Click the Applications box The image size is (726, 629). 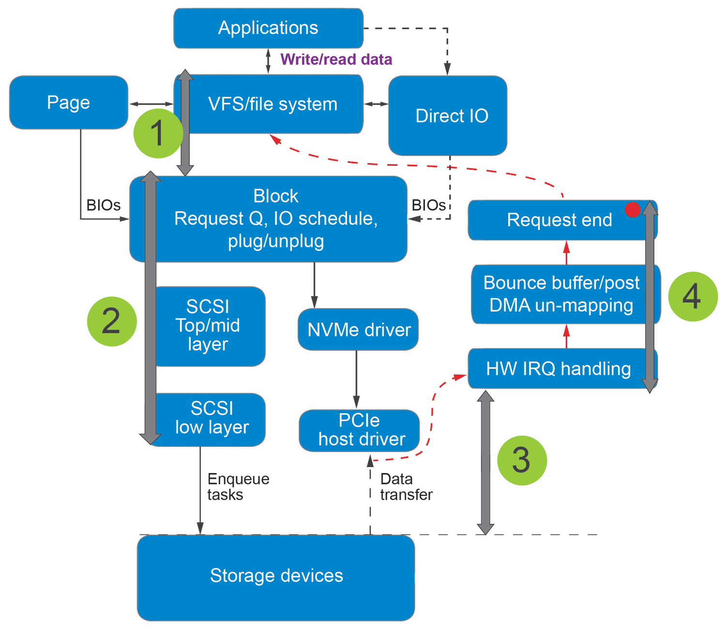268,28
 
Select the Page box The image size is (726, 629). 68,102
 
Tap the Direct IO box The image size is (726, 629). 448,115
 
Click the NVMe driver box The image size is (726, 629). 358,330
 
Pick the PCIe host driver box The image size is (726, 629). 359,430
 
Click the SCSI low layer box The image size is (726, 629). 211,418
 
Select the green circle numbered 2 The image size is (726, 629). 112,321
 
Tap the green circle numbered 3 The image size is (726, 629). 522,460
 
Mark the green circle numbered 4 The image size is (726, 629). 693,297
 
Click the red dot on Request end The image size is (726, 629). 632,209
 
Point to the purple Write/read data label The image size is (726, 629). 336,59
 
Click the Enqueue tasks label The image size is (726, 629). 238,487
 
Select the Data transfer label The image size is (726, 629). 406,487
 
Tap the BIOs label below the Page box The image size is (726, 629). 103,205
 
